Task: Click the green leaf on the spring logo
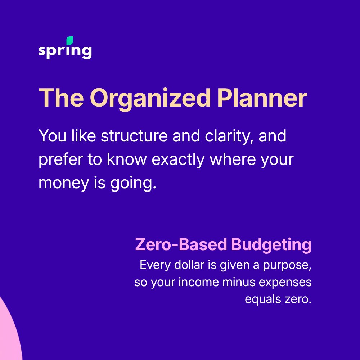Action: tap(70, 40)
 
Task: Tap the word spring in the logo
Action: tap(65, 51)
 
